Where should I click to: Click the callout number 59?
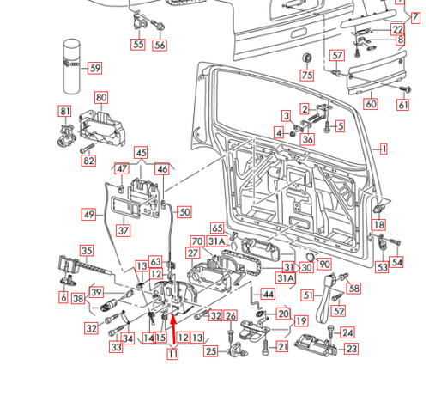click(94, 68)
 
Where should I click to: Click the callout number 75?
click(307, 76)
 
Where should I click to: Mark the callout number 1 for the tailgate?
click(384, 149)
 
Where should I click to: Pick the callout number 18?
click(378, 225)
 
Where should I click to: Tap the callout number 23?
click(351, 349)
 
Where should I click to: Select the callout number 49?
click(88, 214)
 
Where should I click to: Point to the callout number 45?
click(141, 154)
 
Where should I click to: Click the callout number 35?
click(86, 250)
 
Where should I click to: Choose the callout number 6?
click(63, 297)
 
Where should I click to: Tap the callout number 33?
click(116, 347)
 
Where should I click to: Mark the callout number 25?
click(211, 350)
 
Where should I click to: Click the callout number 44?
click(268, 294)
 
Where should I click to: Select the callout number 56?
click(160, 45)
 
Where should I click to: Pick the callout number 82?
click(88, 161)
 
